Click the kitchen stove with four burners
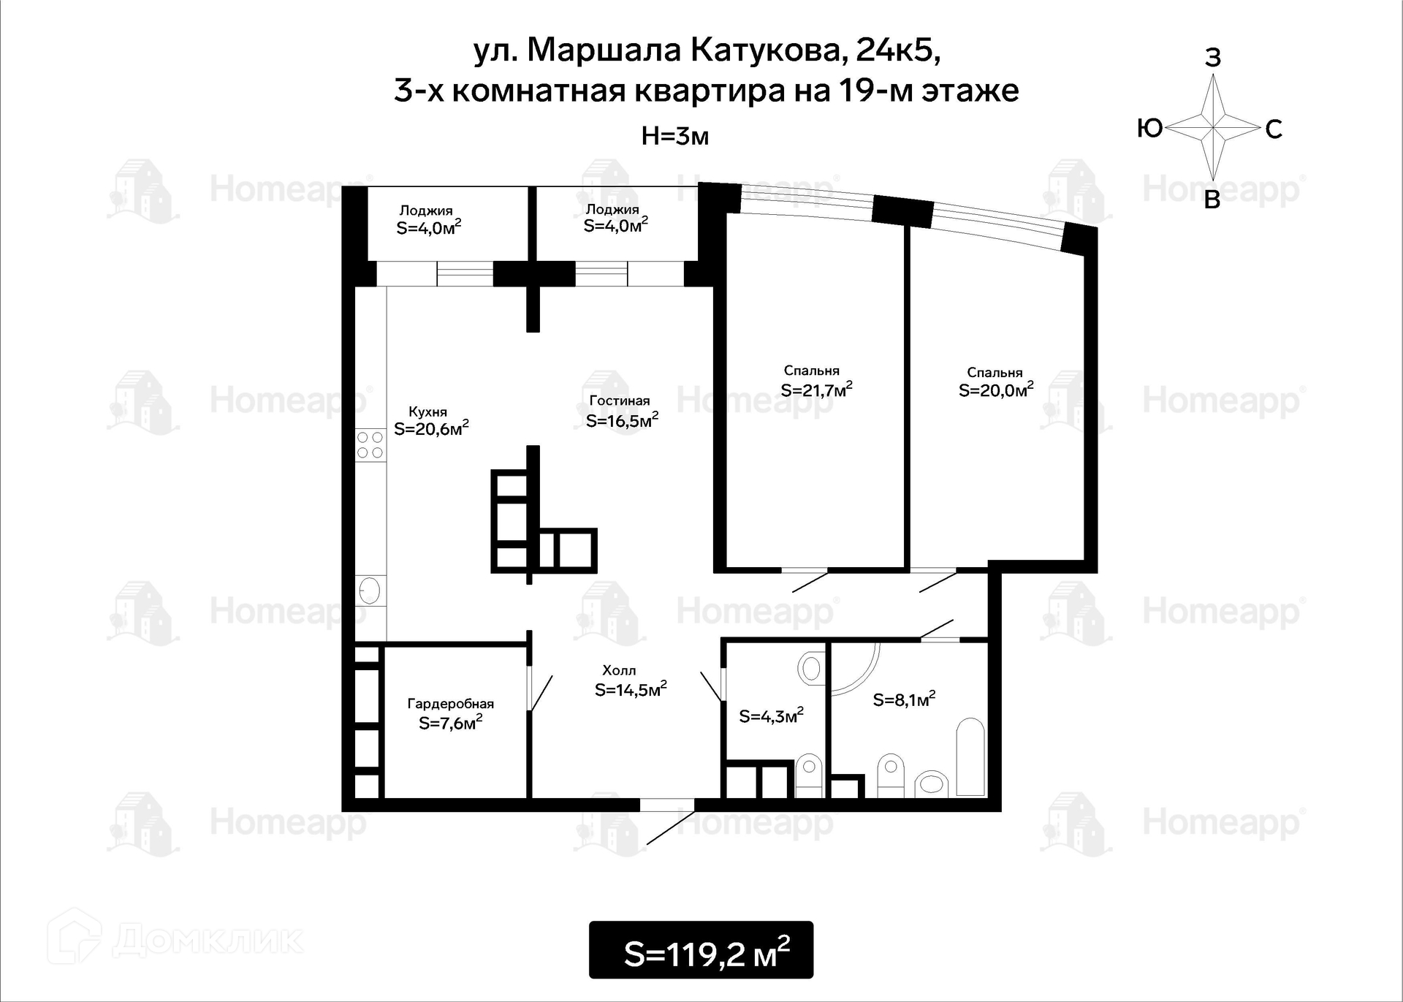point(370,445)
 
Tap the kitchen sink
point(370,590)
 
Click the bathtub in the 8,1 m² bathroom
point(970,756)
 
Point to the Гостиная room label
point(620,401)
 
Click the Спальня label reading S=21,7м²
point(816,390)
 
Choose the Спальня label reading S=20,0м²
point(996,390)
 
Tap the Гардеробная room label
point(451,704)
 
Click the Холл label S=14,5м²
point(631,689)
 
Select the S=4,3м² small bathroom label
point(772,716)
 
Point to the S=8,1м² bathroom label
point(905,699)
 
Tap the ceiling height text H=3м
point(674,136)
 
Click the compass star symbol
point(1213,128)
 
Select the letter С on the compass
point(1274,129)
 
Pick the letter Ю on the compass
point(1150,129)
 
